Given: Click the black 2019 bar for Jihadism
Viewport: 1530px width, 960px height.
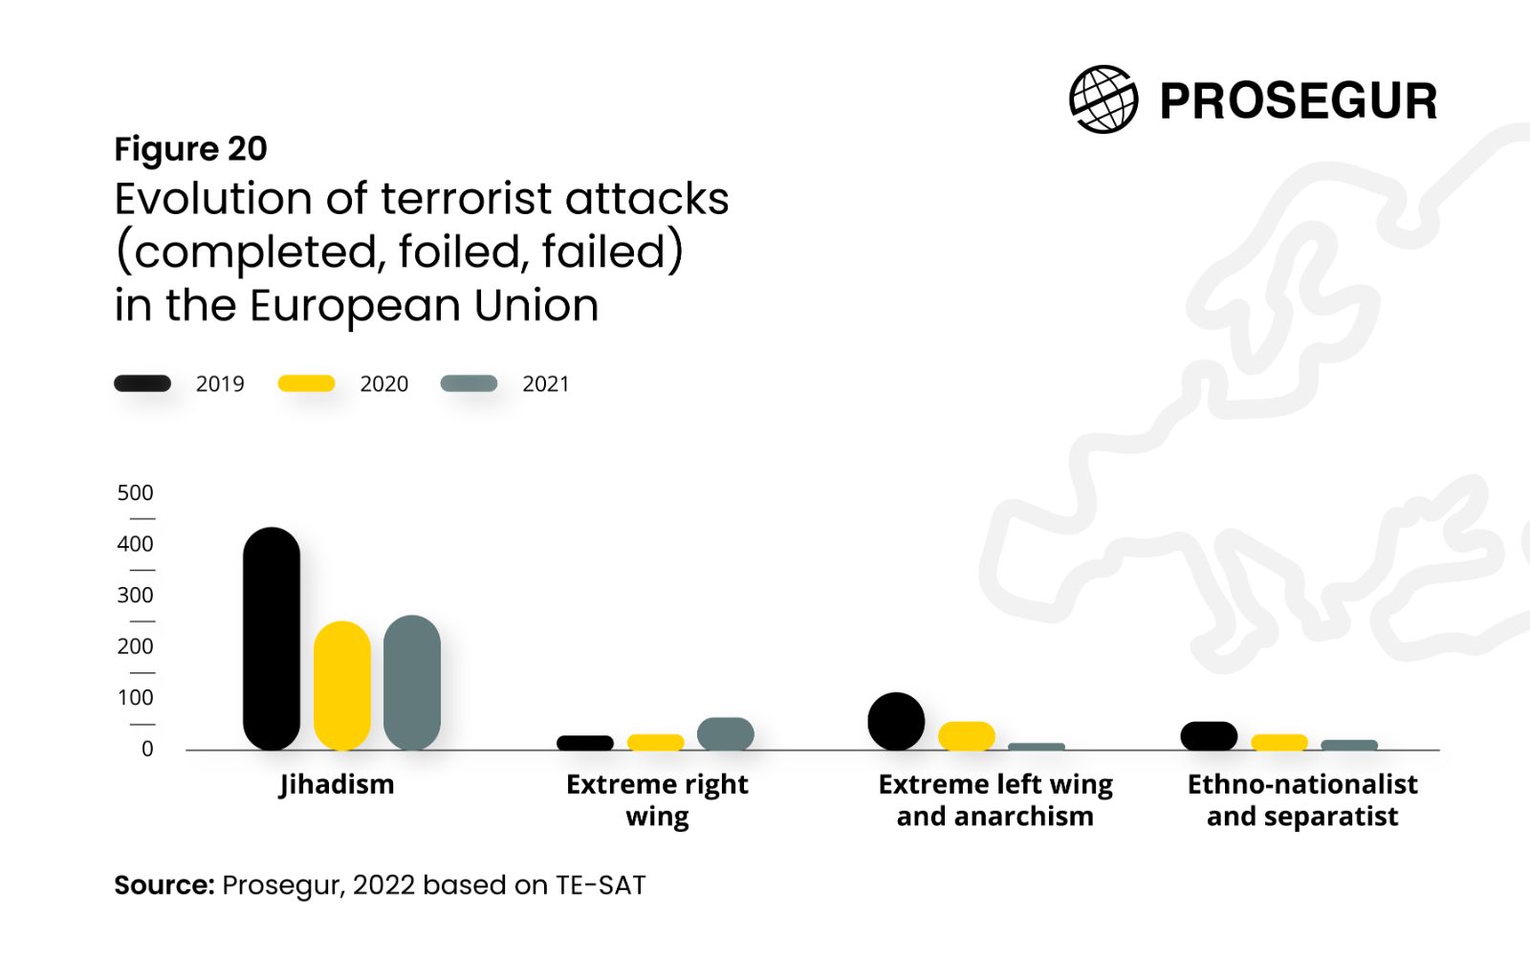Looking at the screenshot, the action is [x=272, y=639].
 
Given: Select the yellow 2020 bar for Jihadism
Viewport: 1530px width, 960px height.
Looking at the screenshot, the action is [x=341, y=686].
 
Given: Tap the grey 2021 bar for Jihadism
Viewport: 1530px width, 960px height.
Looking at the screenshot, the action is [x=412, y=683].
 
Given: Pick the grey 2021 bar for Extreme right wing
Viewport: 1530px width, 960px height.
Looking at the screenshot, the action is [x=726, y=734].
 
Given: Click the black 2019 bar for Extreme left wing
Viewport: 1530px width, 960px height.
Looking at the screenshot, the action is [x=896, y=722].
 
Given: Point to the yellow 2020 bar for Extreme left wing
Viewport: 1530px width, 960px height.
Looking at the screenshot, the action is [x=967, y=736].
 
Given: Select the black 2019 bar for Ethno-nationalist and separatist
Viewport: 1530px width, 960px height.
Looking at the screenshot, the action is [x=1209, y=736].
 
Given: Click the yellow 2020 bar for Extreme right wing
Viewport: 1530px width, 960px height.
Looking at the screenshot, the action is [x=656, y=742].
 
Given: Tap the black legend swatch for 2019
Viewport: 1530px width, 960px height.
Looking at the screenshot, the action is [x=142, y=383].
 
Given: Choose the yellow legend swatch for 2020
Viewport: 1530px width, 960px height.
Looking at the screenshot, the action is [x=306, y=383].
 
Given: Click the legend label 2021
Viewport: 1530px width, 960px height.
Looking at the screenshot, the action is [x=546, y=384].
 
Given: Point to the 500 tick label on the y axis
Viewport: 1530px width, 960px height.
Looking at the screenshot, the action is [x=135, y=493].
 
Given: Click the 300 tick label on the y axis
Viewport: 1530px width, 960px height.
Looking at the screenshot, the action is [x=135, y=596].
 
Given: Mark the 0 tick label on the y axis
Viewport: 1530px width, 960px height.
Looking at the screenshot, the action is [x=147, y=749].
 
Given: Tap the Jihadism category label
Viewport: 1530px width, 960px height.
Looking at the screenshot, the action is [x=337, y=785].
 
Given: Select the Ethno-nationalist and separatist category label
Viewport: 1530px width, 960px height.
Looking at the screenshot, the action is [x=1302, y=800].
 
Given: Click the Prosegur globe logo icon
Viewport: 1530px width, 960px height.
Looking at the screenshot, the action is [x=1104, y=99].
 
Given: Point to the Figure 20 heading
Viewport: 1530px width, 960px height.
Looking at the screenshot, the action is [x=190, y=149].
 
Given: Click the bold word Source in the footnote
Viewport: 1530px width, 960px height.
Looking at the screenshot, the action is [x=164, y=885].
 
